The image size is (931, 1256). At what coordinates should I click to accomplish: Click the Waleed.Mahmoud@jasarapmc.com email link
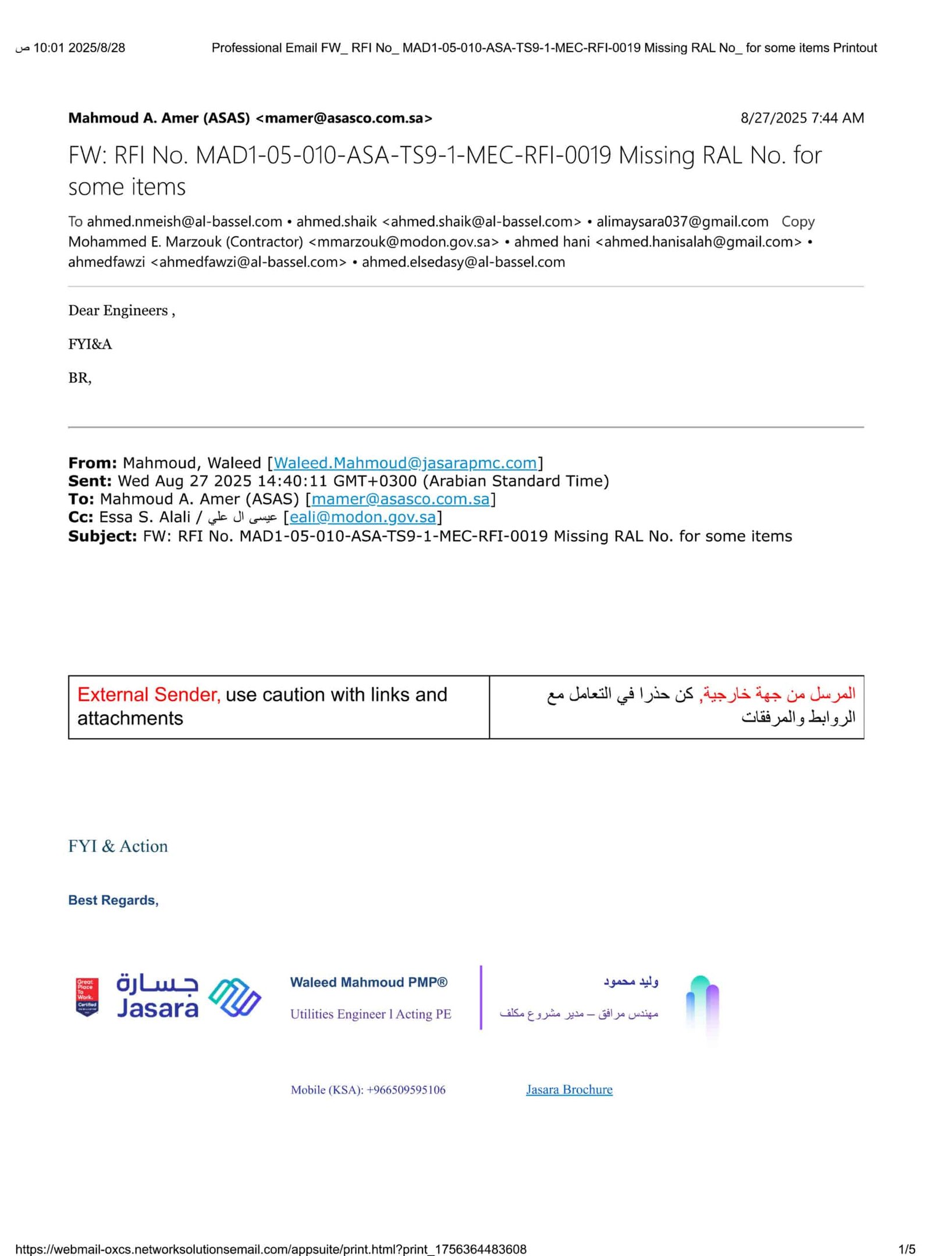[406, 462]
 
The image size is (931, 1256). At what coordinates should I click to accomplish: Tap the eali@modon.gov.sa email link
[363, 517]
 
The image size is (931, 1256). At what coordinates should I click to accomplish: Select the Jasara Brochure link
[569, 1089]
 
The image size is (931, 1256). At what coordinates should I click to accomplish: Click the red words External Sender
[148, 695]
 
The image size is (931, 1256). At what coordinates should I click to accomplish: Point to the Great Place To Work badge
[87, 997]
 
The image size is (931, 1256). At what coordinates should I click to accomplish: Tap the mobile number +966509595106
[406, 1090]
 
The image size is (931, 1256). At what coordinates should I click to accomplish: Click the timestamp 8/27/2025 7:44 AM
[802, 118]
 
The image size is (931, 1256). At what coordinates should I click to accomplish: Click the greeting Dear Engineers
[121, 311]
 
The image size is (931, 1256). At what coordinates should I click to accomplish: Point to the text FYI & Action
[118, 846]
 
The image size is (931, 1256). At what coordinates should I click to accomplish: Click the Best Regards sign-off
[113, 900]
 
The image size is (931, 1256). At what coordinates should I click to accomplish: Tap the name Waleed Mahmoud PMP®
[369, 982]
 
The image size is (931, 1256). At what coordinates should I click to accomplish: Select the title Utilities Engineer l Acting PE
[371, 1014]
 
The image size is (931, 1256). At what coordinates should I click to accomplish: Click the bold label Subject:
[102, 536]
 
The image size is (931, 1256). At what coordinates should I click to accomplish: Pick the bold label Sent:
[90, 481]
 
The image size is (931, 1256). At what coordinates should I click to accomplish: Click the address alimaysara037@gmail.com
[682, 222]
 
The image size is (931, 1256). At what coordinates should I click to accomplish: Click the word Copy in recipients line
[798, 222]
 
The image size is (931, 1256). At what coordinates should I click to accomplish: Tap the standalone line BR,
[80, 378]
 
